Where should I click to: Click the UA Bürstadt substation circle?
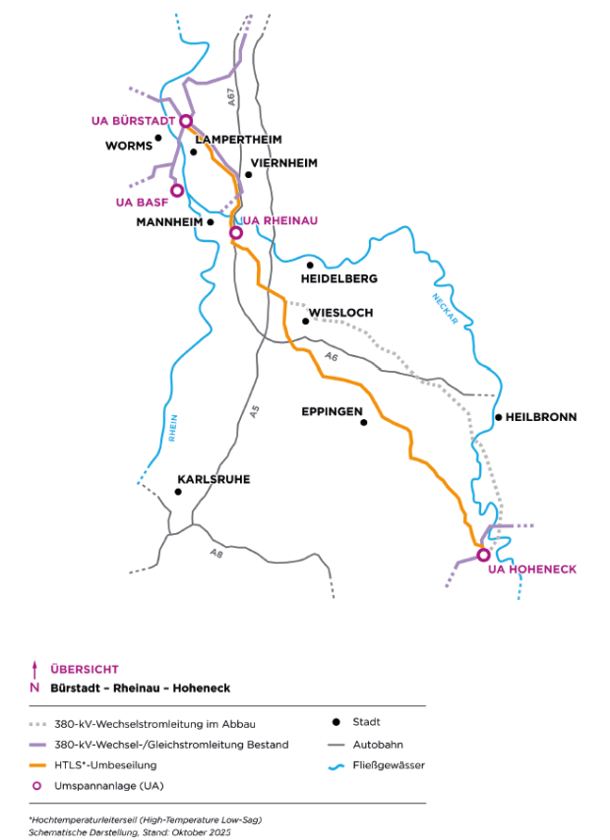click(x=184, y=121)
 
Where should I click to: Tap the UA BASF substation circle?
click(x=177, y=190)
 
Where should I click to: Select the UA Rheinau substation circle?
click(x=235, y=233)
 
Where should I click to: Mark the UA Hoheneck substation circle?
click(x=483, y=555)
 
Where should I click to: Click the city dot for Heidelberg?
click(x=309, y=265)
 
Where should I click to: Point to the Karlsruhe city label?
click(x=213, y=479)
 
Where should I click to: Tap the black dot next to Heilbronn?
click(x=499, y=417)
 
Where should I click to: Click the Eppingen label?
click(x=333, y=412)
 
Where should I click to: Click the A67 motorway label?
click(x=230, y=97)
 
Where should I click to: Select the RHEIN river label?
click(x=172, y=430)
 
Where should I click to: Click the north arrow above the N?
click(x=34, y=669)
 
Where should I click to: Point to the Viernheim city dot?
click(x=248, y=175)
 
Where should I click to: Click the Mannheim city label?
click(x=169, y=221)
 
